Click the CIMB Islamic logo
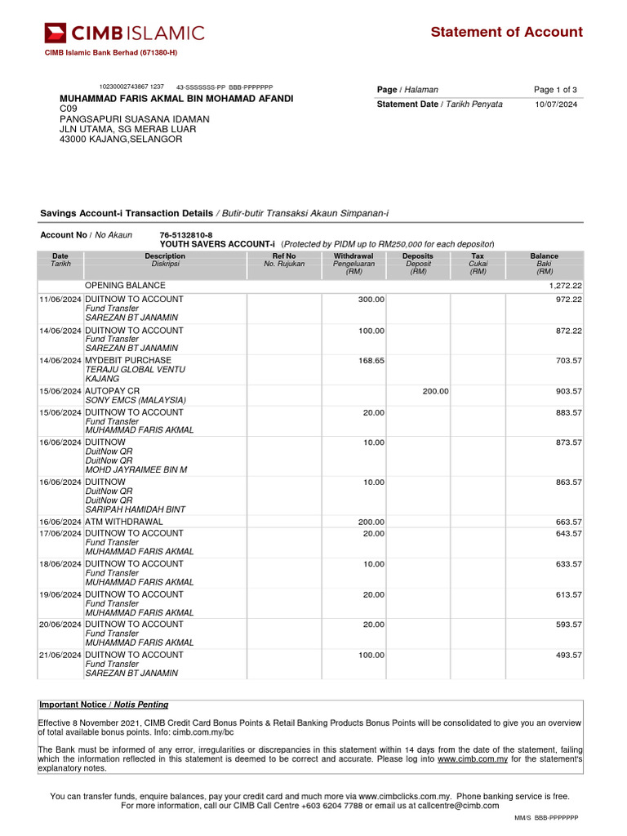pos(124,33)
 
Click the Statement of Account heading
pos(506,32)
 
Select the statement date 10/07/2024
pos(556,104)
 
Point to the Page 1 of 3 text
pos(555,90)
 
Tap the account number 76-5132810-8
pos(186,235)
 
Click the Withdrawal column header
pos(354,256)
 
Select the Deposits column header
pos(418,256)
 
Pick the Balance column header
pos(545,256)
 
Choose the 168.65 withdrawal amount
pos(371,360)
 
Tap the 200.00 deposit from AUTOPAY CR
pos(435,391)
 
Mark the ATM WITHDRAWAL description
pos(124,522)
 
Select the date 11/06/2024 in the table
pos(60,300)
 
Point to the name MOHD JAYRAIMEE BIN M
pos(136,469)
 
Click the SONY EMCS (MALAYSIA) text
pos(136,400)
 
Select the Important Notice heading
pos(104,705)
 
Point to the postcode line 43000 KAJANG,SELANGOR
pos(121,140)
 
